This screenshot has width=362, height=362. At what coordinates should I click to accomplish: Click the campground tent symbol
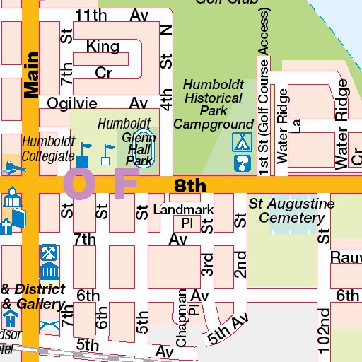(x=243, y=141)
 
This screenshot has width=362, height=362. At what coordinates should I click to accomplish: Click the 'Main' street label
(x=31, y=75)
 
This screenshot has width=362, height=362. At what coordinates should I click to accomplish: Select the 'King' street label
(x=103, y=47)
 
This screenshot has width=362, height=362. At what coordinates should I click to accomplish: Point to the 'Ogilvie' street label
(x=71, y=103)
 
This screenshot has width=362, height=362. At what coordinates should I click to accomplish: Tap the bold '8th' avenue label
(x=190, y=186)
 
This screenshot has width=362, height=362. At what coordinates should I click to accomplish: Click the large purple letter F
(x=124, y=183)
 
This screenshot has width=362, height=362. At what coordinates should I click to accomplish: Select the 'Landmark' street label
(x=183, y=210)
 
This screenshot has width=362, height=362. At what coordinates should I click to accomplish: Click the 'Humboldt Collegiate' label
(x=47, y=149)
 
